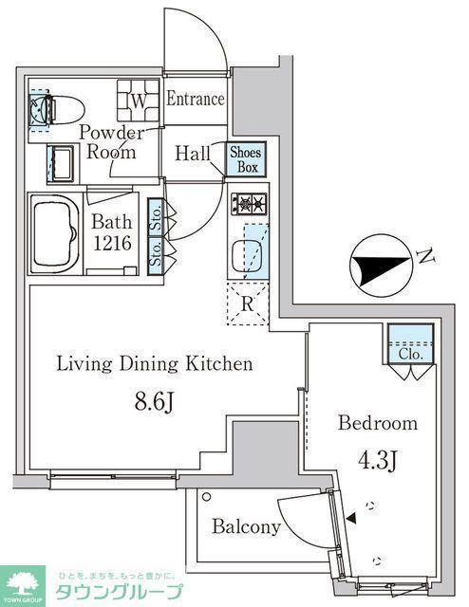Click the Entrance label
[x=196, y=99]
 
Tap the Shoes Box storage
[x=247, y=159]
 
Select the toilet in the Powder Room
[x=58, y=110]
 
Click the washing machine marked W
[x=139, y=101]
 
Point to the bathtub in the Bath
[x=54, y=234]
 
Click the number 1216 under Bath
[x=112, y=244]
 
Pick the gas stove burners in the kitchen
[x=250, y=204]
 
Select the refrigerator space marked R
[x=247, y=303]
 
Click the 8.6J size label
[x=154, y=402]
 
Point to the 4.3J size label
[x=377, y=459]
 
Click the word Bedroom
[x=378, y=423]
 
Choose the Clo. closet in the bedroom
[x=410, y=343]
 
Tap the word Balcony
[x=247, y=527]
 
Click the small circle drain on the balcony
[x=207, y=496]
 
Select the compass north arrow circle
[x=381, y=266]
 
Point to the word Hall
[x=192, y=154]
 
